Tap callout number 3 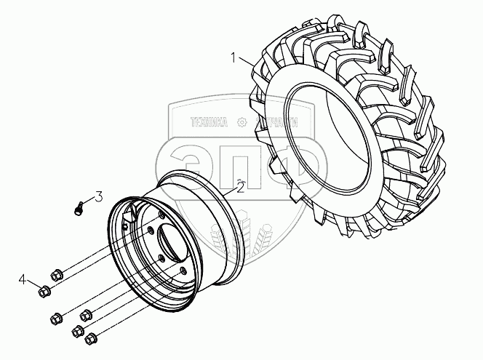98,196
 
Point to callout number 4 23,279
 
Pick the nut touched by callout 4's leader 43,292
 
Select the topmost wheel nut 57,274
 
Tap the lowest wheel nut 92,338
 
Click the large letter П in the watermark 240,164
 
